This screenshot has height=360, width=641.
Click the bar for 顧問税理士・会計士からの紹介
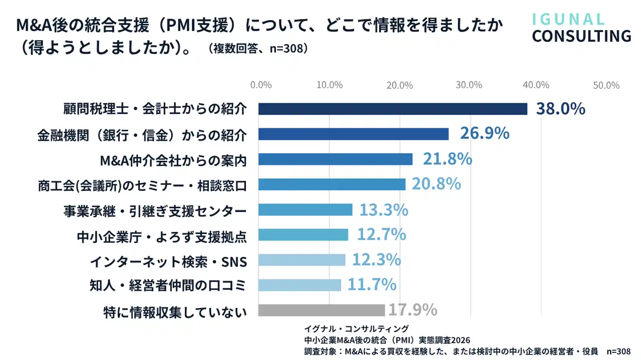[x=393, y=109]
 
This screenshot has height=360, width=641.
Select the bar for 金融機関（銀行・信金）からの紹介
[x=353, y=134]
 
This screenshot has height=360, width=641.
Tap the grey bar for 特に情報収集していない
[x=321, y=310]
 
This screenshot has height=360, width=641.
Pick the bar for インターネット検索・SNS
[x=301, y=260]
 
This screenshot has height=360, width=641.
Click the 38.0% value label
[x=560, y=109]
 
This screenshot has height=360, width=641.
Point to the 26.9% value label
[x=484, y=134]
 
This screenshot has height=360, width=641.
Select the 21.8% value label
[x=448, y=159]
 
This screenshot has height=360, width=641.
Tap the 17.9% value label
[x=413, y=310]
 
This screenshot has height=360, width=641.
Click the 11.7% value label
[x=372, y=285]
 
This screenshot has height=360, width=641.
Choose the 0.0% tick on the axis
[x=261, y=85]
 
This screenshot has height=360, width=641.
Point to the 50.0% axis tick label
[x=606, y=85]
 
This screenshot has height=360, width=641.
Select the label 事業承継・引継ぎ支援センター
[x=155, y=210]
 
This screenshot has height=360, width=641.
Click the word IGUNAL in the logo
[x=568, y=19]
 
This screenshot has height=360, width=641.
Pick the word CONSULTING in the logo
[x=581, y=36]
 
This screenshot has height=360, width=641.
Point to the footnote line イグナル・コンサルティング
[x=357, y=328]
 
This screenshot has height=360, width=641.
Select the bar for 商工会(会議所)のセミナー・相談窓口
[x=332, y=184]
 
